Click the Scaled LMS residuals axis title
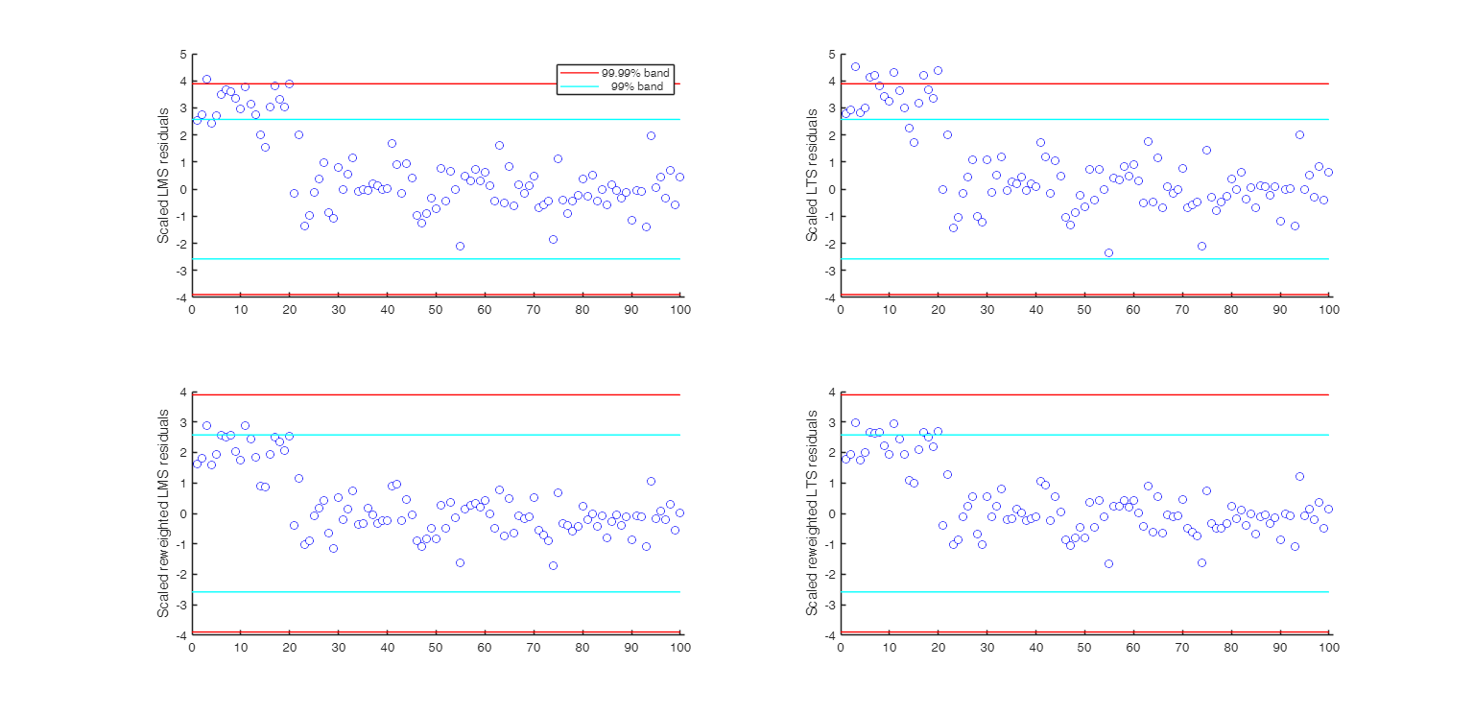(163, 175)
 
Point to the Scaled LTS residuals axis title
(812, 175)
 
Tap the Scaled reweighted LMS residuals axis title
(163, 513)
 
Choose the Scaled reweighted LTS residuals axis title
(812, 513)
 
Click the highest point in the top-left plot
(206, 80)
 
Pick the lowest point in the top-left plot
(460, 246)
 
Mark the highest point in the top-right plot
(855, 66)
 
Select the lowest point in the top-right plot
(1108, 252)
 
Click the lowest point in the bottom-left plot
(553, 565)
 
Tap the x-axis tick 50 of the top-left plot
(436, 310)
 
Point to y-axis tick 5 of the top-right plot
(831, 55)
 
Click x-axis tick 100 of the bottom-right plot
(1329, 648)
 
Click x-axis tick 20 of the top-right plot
(938, 310)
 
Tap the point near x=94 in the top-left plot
(651, 135)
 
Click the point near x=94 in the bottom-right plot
(1299, 476)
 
